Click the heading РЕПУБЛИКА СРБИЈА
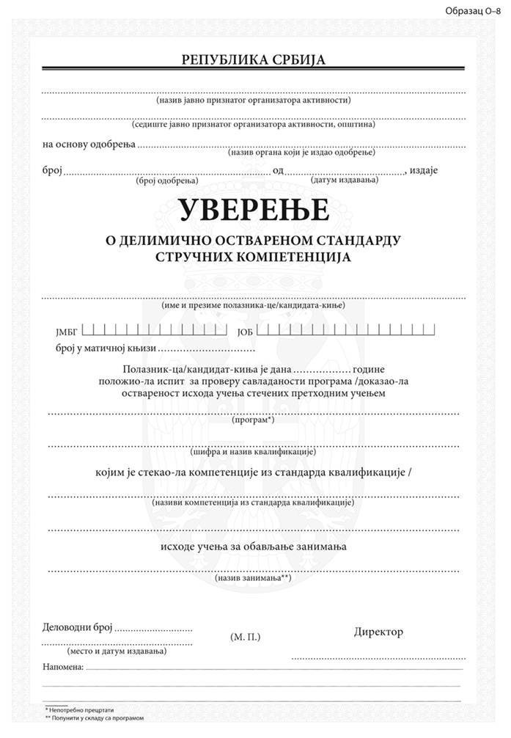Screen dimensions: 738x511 pyautogui.click(x=253, y=60)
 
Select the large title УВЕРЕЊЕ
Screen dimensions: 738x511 pyautogui.click(x=253, y=211)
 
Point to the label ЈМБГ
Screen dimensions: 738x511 pyautogui.click(x=66, y=332)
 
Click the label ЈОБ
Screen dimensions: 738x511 pyautogui.click(x=245, y=332)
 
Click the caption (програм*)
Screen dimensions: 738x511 pyautogui.click(x=253, y=420)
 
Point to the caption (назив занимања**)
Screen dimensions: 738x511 pyautogui.click(x=253, y=578)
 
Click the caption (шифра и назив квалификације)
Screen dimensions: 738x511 pyautogui.click(x=253, y=452)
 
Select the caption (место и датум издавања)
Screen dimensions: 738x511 pyautogui.click(x=116, y=650)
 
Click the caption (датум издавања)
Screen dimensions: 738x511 pyautogui.click(x=344, y=180)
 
